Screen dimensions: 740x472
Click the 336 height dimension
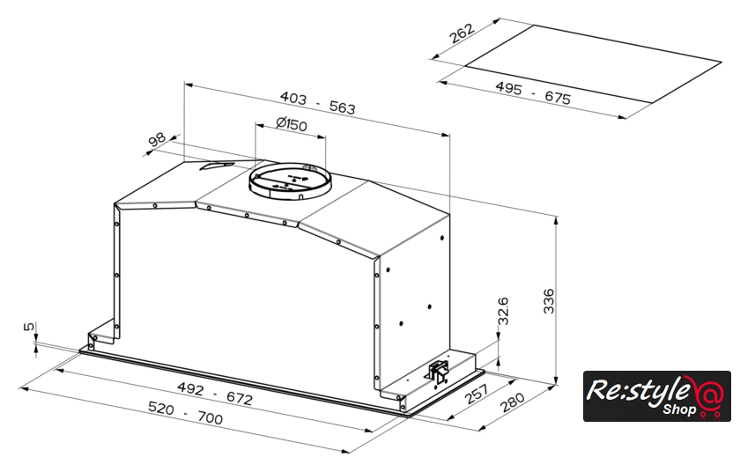click(x=549, y=301)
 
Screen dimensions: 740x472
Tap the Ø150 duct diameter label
click(x=292, y=124)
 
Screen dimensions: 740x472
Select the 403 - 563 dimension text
click(x=317, y=103)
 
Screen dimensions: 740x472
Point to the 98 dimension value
click(x=157, y=139)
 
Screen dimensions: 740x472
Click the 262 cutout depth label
click(x=461, y=33)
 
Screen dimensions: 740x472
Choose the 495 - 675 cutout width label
click(x=533, y=92)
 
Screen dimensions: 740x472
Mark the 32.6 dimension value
click(x=503, y=311)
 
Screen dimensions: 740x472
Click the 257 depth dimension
click(x=476, y=394)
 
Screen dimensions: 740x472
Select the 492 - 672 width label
click(x=215, y=394)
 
